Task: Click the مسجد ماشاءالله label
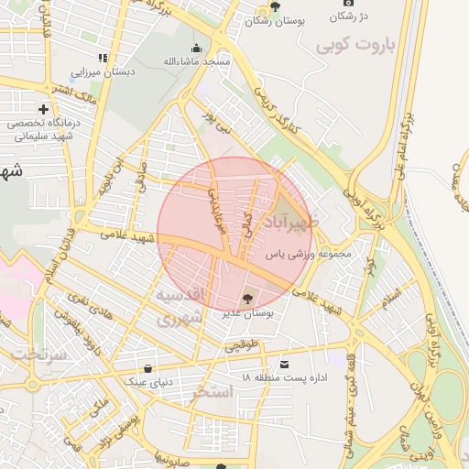click(194, 61)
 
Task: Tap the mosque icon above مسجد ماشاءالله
click(194, 49)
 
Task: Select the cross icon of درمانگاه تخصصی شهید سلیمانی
click(43, 110)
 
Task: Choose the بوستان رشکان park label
click(274, 20)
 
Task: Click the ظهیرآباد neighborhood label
click(291, 223)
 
